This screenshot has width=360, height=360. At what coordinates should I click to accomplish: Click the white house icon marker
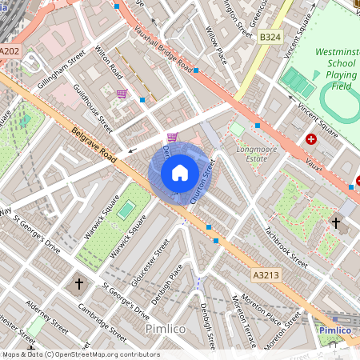[x=180, y=172]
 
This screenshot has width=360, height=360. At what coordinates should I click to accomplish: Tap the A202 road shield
[x=10, y=51]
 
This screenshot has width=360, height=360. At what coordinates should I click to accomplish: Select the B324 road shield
[x=270, y=37]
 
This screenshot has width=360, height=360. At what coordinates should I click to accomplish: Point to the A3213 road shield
[x=266, y=275]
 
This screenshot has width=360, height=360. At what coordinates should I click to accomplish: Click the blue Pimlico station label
[x=335, y=330]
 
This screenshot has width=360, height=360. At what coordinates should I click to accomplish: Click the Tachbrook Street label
[x=286, y=245]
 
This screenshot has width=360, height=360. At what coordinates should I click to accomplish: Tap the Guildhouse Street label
[x=93, y=108]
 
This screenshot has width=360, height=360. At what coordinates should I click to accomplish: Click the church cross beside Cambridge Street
[x=78, y=283]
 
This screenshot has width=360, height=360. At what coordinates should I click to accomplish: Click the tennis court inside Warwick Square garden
[x=126, y=210]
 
